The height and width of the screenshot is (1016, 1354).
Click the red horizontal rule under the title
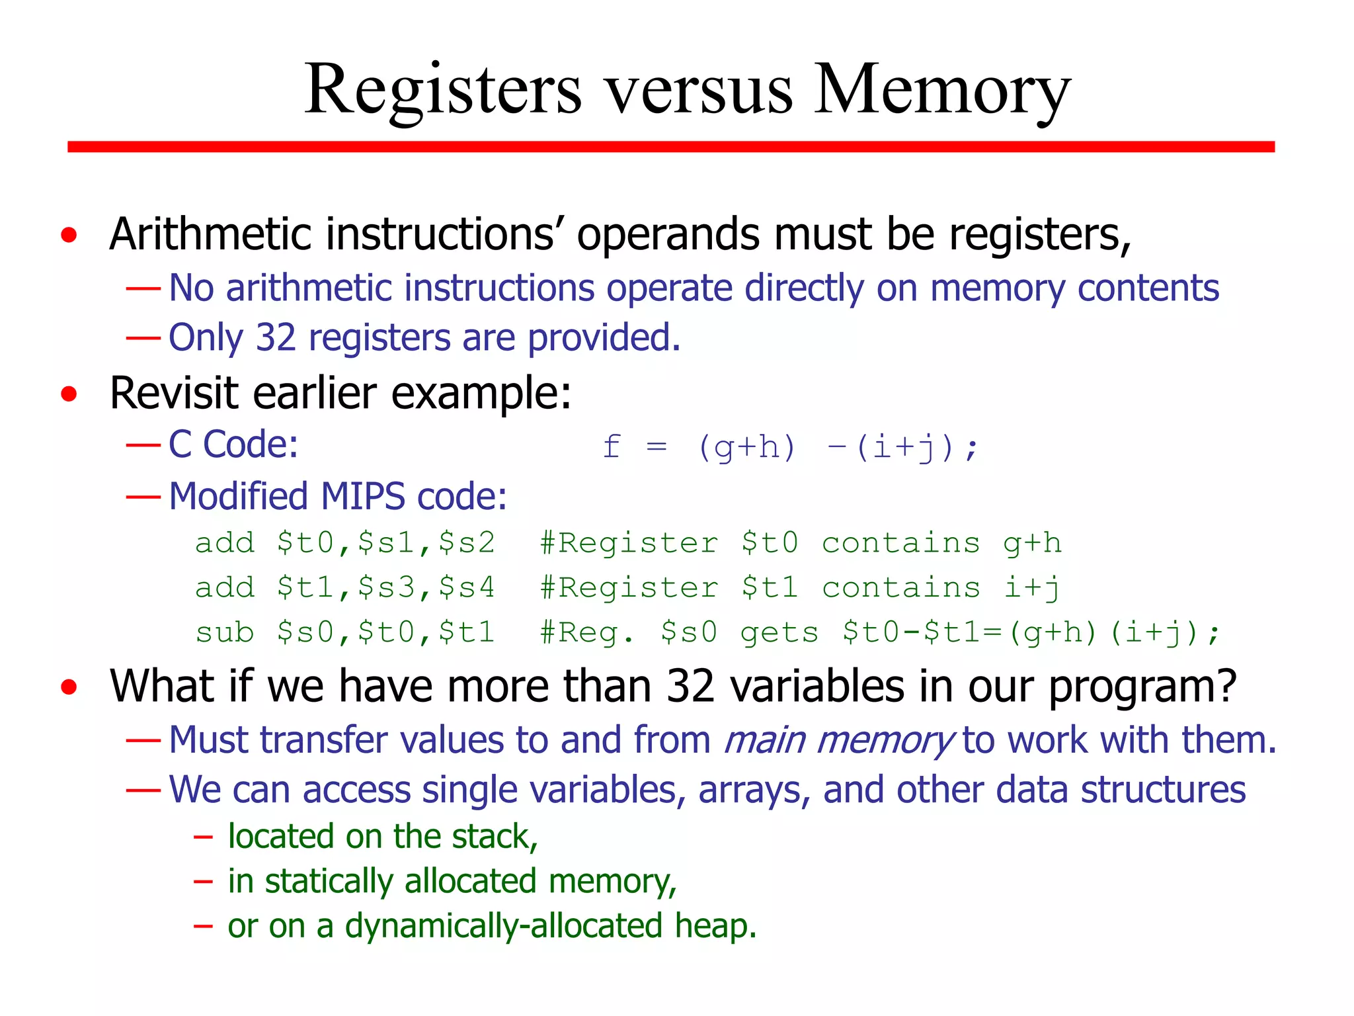[x=670, y=147]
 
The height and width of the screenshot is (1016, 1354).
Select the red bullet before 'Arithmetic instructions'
[x=69, y=235]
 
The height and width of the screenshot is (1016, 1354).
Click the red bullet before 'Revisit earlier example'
[x=69, y=394]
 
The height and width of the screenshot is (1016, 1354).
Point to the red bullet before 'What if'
[x=69, y=687]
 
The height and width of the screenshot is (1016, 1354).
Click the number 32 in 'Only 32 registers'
[x=275, y=338]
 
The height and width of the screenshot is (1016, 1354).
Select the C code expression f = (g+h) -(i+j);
[x=789, y=448]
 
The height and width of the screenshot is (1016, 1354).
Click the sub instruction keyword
[x=224, y=632]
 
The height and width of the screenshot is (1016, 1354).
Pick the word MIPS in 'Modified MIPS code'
[x=362, y=496]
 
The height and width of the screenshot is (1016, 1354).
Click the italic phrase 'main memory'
[x=838, y=740]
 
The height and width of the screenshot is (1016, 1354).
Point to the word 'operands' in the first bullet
[x=668, y=235]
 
